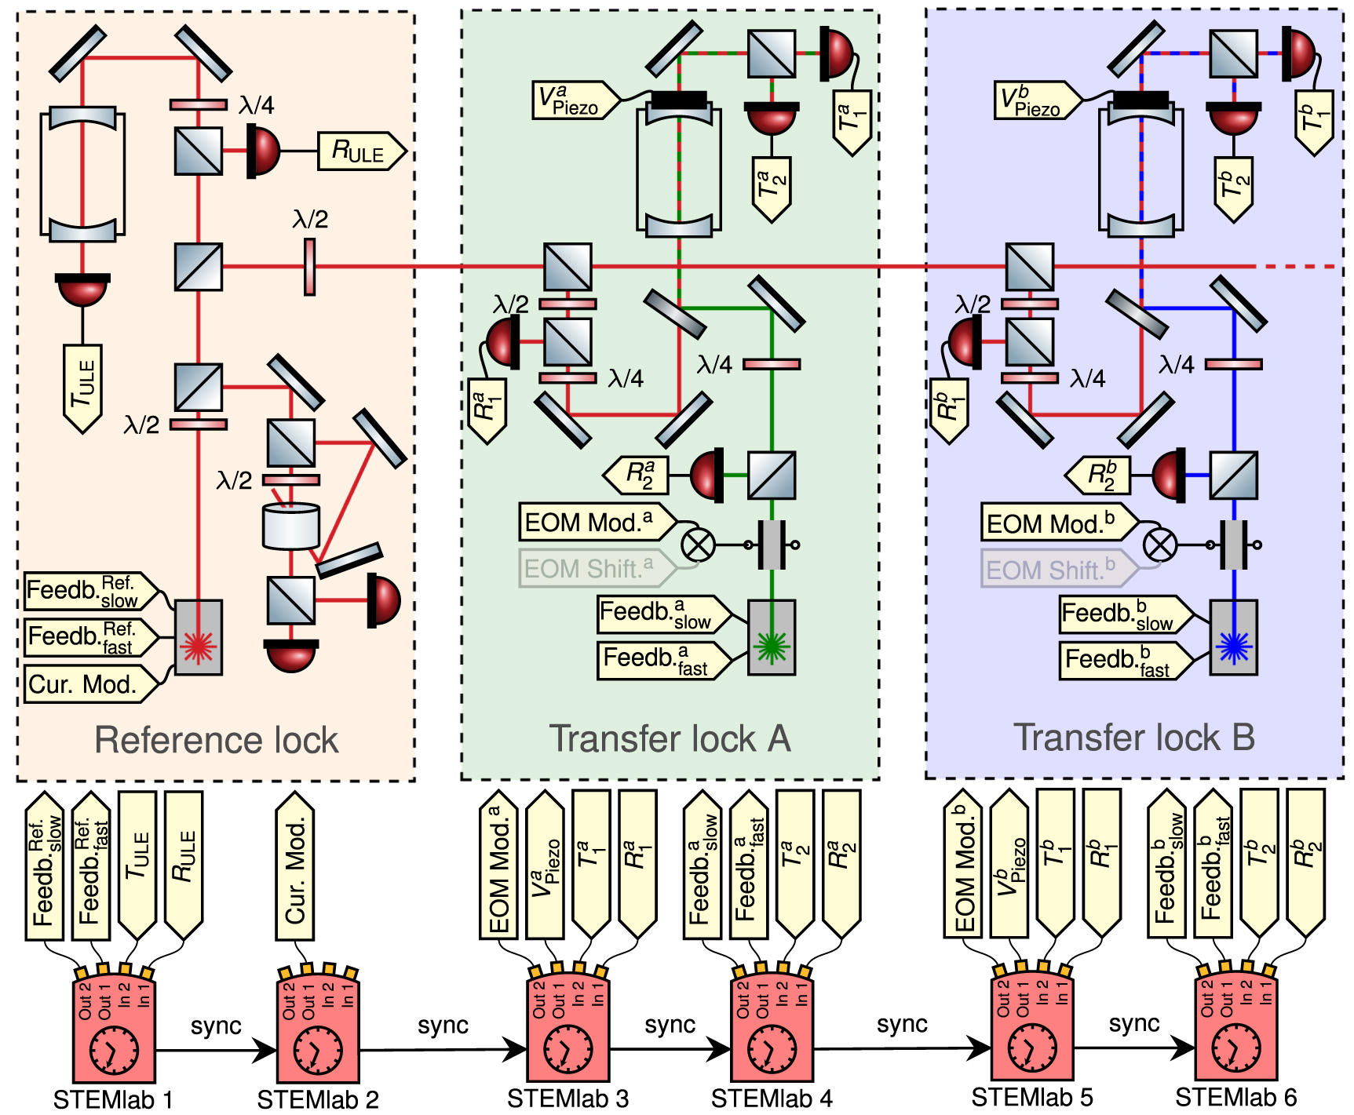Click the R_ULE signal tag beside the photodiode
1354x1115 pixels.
pos(362,151)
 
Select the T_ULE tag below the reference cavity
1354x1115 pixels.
pos(82,388)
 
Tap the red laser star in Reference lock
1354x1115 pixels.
pos(199,645)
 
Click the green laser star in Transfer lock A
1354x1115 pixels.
pos(772,645)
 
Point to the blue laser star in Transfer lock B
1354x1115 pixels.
pos(1233,645)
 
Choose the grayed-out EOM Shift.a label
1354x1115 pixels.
pos(597,568)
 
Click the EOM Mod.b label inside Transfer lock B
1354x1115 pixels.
pos(1059,523)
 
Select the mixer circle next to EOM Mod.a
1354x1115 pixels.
pos(698,545)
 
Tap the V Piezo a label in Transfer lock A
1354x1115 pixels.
pos(576,100)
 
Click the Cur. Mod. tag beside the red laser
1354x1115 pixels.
pos(91,684)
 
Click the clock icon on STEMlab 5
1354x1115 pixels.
pos(1032,1048)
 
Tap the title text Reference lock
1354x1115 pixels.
pos(217,740)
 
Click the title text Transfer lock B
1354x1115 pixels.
pos(1134,738)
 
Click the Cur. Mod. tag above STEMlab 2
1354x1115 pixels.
pos(295,865)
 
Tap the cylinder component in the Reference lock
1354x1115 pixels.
pos(291,526)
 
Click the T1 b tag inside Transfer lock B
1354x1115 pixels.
pos(1314,123)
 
